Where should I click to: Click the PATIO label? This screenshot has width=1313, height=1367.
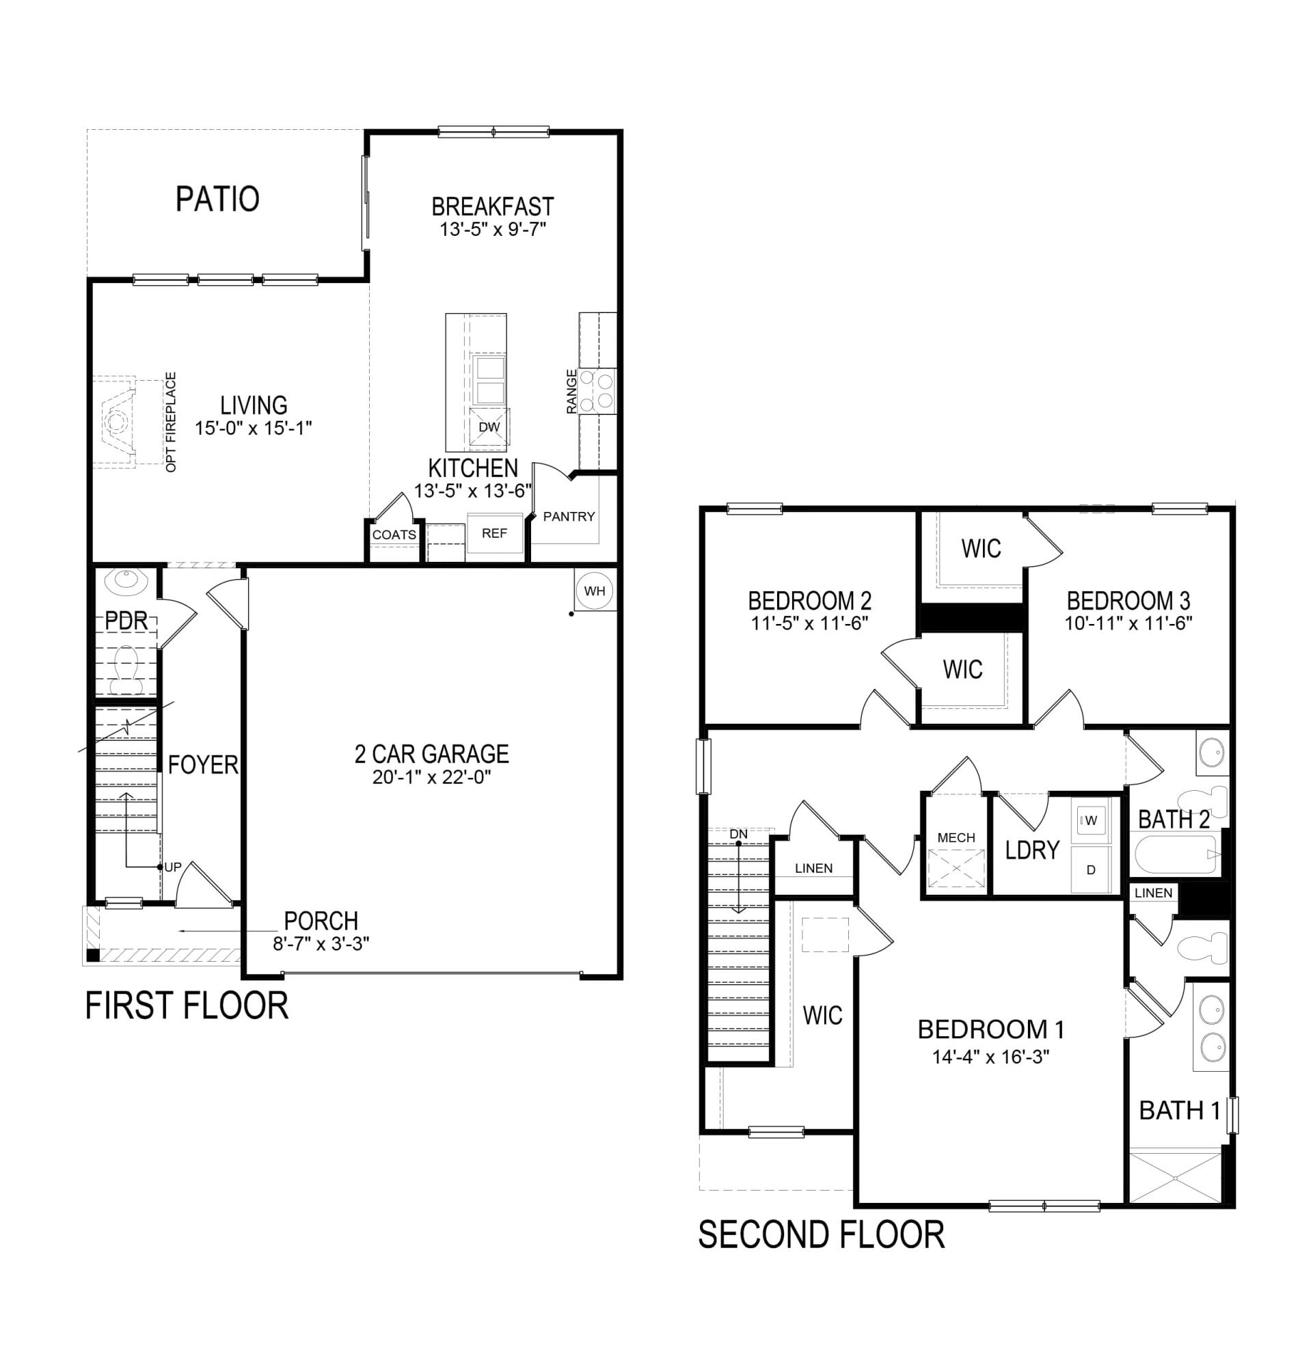pos(217,199)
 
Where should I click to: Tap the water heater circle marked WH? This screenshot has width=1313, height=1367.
pos(594,591)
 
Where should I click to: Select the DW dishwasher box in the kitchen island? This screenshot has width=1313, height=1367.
pos(489,427)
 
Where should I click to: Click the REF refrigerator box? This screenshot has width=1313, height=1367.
pos(494,533)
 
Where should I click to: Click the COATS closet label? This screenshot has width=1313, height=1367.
pos(394,535)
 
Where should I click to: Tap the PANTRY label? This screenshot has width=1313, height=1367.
pos(568,517)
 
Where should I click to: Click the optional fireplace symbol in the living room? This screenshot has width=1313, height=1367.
pos(118,422)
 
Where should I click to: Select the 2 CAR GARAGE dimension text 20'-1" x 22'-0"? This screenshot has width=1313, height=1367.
pos(431,777)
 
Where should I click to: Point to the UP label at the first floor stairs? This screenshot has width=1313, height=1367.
pos(172,867)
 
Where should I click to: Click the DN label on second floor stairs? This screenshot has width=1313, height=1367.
pos(737,834)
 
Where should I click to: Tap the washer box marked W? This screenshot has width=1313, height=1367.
pos(1090,821)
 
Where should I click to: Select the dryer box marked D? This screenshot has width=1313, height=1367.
pos(1091,869)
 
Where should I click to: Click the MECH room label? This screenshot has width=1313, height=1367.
pos(956,838)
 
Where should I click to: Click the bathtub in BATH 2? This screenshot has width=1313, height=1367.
pos(1176,855)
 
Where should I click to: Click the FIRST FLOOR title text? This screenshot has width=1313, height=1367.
pos(186,1006)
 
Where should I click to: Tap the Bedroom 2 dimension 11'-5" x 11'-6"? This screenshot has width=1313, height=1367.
pos(809,623)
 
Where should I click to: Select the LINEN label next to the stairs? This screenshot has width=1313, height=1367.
pos(813,868)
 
